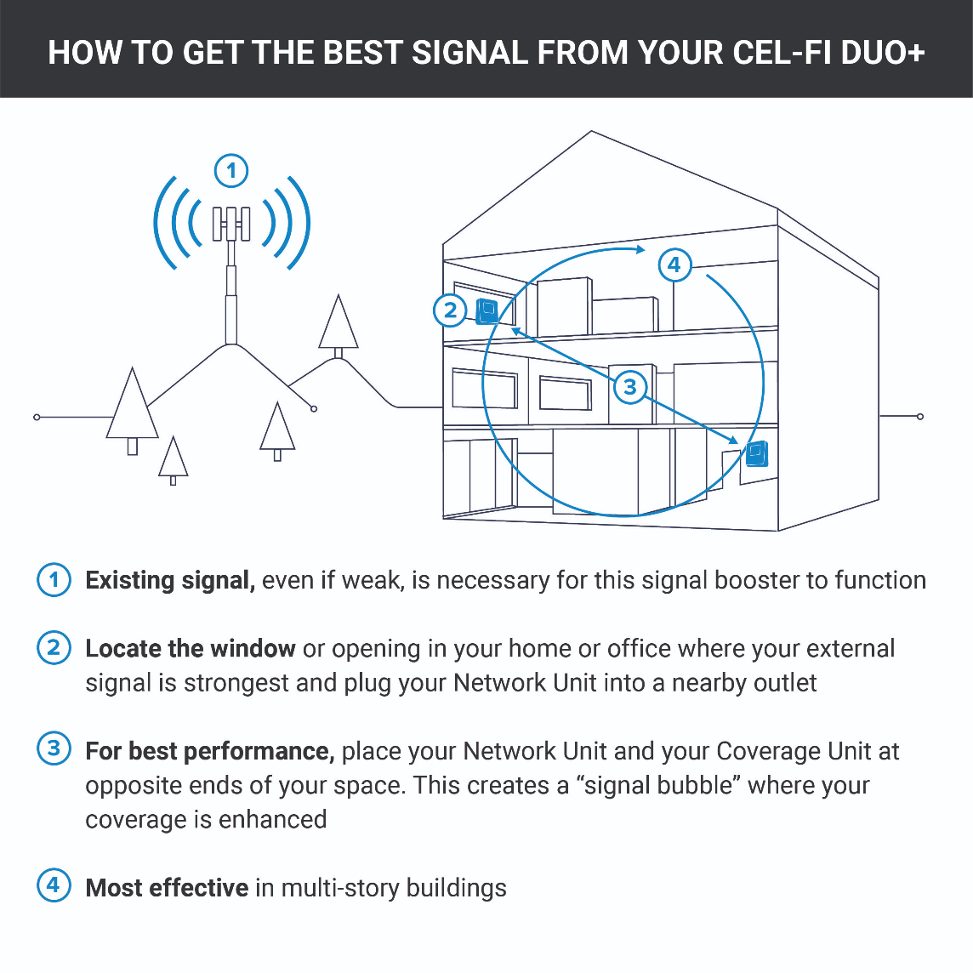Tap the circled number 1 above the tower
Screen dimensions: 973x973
231,171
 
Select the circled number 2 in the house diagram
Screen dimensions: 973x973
450,310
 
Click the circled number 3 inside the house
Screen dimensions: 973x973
629,388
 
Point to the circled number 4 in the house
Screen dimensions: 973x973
674,265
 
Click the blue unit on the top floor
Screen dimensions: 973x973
487,310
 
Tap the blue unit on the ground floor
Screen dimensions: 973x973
756,454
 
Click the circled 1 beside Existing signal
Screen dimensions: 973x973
54,580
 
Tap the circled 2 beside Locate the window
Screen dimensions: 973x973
54,648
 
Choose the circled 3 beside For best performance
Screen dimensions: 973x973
54,748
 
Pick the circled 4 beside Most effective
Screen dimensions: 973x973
54,885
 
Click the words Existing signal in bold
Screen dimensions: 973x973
170,580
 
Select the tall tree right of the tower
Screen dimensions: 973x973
339,324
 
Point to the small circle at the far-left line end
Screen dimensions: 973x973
37,417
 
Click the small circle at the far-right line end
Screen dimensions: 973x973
920,416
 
